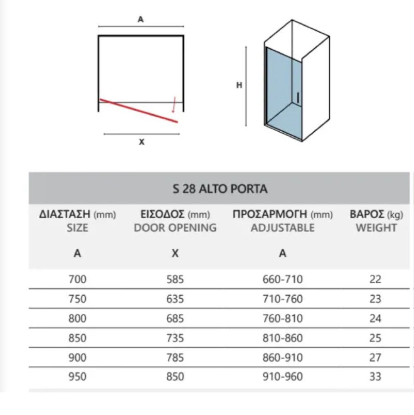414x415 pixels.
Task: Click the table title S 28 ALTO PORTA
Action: (x=219, y=189)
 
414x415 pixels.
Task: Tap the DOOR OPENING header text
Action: (x=175, y=227)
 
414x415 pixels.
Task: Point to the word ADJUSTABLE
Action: (x=282, y=227)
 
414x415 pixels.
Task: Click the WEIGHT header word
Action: (x=376, y=227)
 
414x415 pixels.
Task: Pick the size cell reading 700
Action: (x=77, y=280)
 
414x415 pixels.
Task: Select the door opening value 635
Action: (x=175, y=299)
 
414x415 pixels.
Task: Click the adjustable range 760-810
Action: (x=283, y=318)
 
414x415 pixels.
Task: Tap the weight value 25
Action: (x=375, y=338)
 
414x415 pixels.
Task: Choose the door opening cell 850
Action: (x=175, y=377)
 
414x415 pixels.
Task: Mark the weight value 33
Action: (x=375, y=377)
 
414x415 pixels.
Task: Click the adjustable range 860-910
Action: (x=283, y=357)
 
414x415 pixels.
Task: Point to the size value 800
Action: (x=77, y=318)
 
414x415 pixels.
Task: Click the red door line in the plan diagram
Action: (x=139, y=111)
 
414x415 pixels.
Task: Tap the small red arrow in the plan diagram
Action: (x=173, y=105)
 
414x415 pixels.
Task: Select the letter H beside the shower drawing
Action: (x=239, y=85)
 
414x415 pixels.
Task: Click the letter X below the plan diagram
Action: (x=142, y=142)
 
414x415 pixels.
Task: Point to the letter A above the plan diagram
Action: (x=141, y=19)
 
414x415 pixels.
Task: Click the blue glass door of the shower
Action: (x=282, y=87)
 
